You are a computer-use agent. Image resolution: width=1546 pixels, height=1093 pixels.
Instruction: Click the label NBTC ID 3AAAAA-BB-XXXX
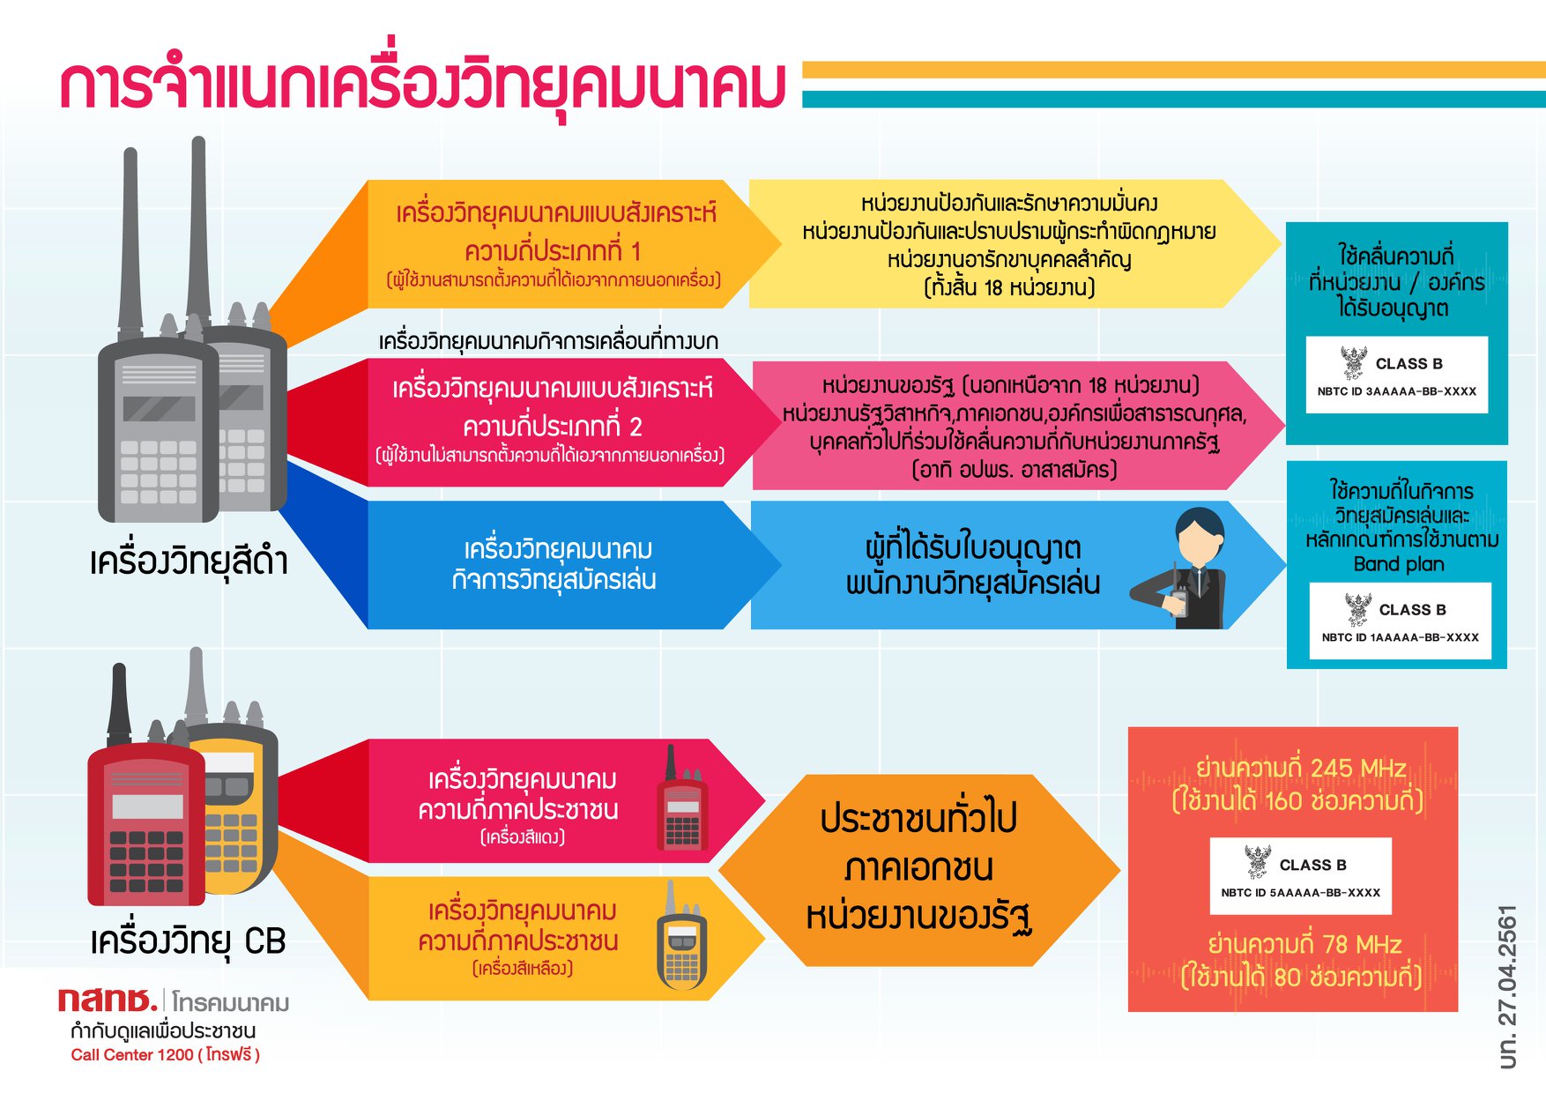(1396, 391)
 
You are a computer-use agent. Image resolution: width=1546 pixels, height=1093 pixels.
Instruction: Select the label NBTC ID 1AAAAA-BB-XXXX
(1400, 637)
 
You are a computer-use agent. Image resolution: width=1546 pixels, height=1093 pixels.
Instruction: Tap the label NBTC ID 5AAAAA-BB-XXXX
(1300, 892)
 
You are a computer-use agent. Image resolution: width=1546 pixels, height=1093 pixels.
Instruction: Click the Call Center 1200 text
(131, 1055)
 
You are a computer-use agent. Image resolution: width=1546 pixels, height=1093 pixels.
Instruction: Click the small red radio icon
(682, 803)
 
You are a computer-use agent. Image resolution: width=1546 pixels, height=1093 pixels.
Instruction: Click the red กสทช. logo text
(108, 1000)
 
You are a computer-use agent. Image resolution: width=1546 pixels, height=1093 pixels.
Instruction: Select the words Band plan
(1399, 564)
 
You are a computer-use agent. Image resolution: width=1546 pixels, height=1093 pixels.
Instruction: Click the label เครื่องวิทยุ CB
(188, 941)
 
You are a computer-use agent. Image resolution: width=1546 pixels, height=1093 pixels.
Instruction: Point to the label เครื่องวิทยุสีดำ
(189, 561)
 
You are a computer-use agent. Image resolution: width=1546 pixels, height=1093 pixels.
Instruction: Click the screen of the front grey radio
(159, 408)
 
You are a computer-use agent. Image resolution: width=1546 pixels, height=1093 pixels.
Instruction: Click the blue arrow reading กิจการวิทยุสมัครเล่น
(554, 565)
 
